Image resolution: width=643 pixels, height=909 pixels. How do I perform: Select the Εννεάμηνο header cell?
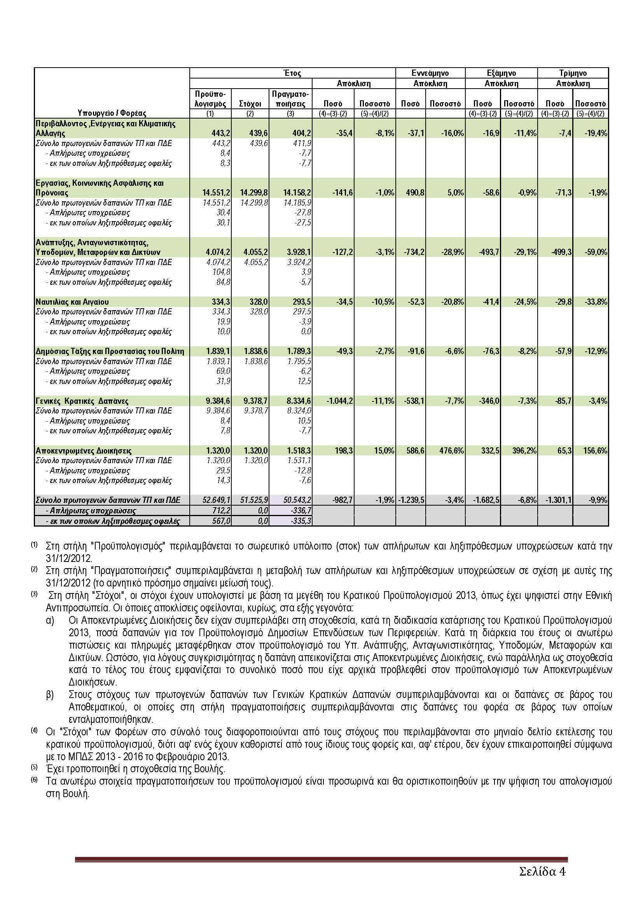tap(430, 73)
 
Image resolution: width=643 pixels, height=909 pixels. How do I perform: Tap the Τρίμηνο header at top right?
tap(573, 73)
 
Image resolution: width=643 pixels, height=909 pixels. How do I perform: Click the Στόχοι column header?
tap(250, 104)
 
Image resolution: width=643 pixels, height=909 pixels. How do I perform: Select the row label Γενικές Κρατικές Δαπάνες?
tap(82, 401)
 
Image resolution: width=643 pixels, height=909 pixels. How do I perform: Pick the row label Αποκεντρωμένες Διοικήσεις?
tap(84, 450)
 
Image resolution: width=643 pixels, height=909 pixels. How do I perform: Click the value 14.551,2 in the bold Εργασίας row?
tap(216, 193)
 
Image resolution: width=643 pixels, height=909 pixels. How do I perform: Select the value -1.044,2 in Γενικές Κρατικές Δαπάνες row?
tap(339, 401)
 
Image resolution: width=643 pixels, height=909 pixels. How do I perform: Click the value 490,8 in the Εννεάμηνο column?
tap(414, 193)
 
